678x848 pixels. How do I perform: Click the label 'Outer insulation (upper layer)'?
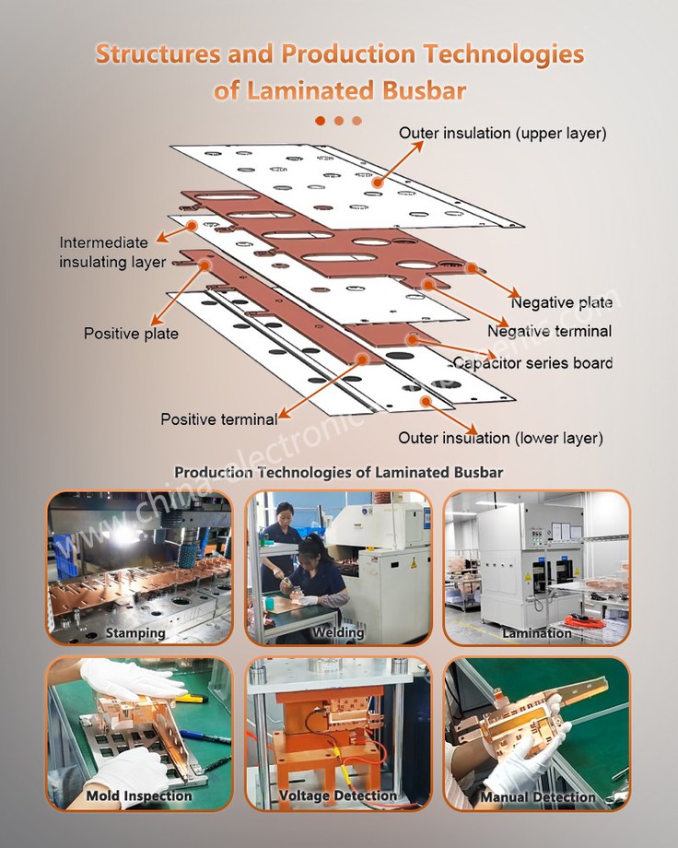pyautogui.click(x=502, y=134)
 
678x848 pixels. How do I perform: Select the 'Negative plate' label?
pyautogui.click(x=562, y=302)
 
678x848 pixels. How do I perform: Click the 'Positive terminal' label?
pyautogui.click(x=218, y=419)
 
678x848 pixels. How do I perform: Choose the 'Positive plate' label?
pyautogui.click(x=131, y=334)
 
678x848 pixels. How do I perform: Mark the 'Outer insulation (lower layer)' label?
pyautogui.click(x=500, y=438)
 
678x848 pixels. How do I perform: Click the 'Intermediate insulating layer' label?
pyautogui.click(x=112, y=253)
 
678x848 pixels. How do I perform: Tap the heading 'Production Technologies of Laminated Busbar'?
pyautogui.click(x=338, y=472)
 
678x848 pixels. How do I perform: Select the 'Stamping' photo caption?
pyautogui.click(x=135, y=633)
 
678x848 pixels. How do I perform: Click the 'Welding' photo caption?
pyautogui.click(x=338, y=633)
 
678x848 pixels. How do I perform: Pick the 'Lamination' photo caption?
pyautogui.click(x=537, y=633)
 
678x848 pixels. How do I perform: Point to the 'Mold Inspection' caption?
pyautogui.click(x=139, y=795)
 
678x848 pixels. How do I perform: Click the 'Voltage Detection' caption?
pyautogui.click(x=338, y=795)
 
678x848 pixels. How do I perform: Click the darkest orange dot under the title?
pyautogui.click(x=321, y=120)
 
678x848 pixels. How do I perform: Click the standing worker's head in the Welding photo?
pyautogui.click(x=284, y=509)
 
